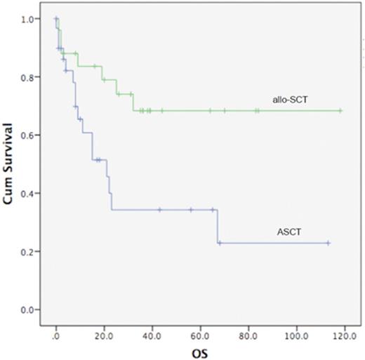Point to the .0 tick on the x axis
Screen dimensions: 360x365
[x=56, y=328]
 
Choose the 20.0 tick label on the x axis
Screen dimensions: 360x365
[x=104, y=328]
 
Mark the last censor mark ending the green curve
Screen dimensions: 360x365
[x=340, y=110]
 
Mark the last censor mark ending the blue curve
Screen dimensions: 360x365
[x=328, y=243]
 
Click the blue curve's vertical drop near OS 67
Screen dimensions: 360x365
[x=218, y=226]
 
